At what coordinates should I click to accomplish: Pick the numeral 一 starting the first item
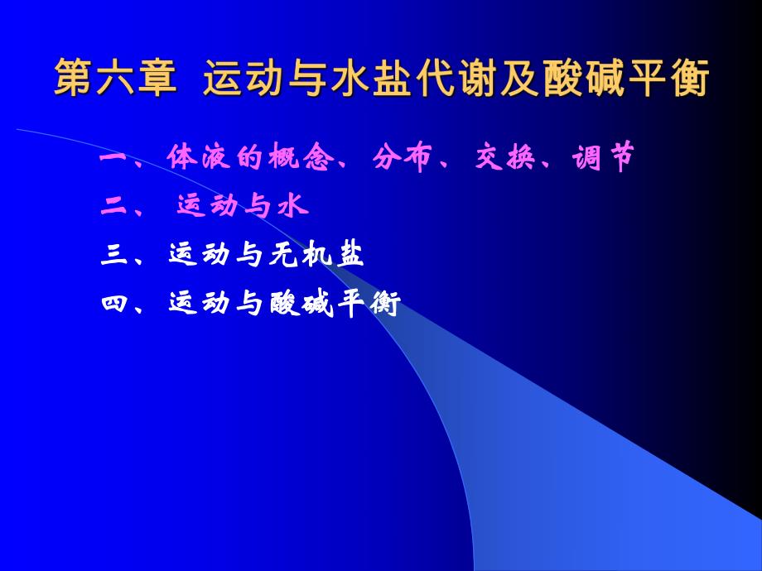[112, 157]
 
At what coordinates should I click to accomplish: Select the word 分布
[399, 157]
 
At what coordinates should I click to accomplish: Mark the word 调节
[600, 157]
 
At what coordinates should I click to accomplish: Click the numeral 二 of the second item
[112, 206]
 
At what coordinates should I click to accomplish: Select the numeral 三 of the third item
[112, 256]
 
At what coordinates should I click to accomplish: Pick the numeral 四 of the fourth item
[112, 305]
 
